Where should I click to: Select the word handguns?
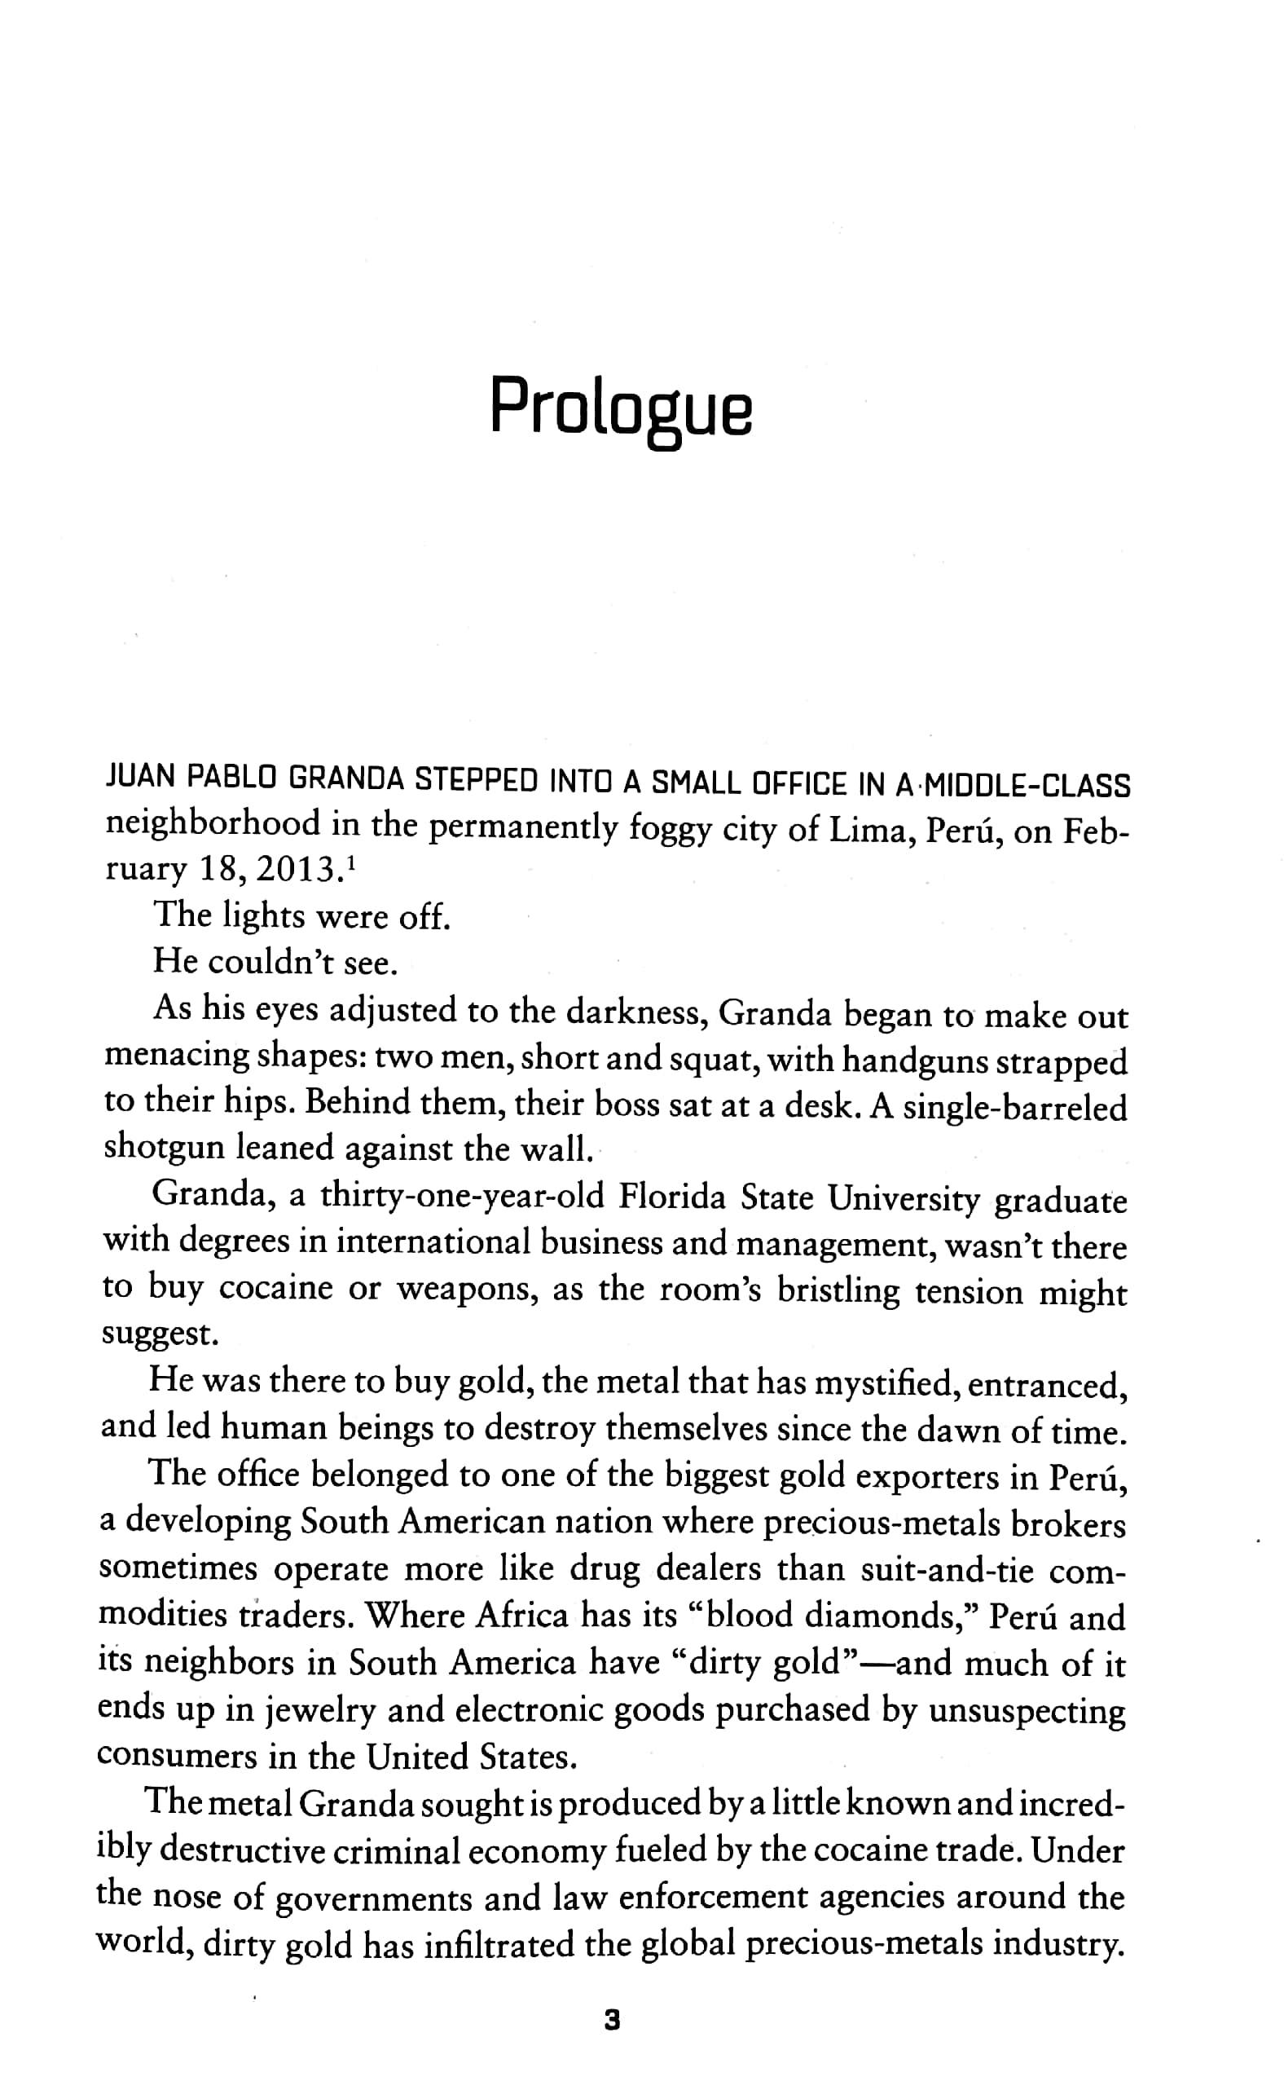tap(914, 1062)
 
